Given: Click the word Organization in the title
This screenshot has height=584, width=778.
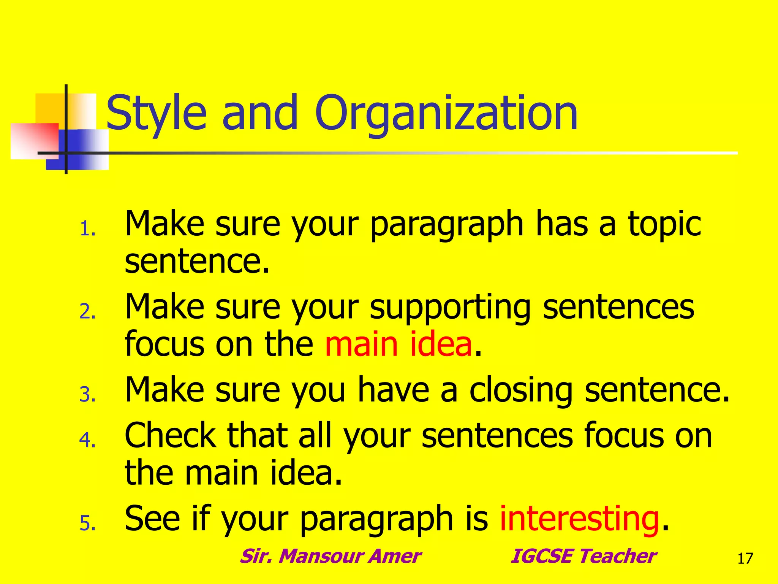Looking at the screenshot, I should [446, 113].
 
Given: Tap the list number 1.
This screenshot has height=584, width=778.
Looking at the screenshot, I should [87, 230].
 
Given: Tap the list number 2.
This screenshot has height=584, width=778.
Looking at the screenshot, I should [87, 312].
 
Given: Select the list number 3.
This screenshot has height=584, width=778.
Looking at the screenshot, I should [87, 395].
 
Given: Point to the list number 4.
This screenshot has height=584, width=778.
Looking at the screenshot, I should [87, 440].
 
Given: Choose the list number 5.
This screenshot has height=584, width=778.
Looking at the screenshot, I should [87, 524].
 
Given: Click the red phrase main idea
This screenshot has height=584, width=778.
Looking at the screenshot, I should [398, 344].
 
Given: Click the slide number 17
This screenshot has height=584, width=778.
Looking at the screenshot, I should [745, 559].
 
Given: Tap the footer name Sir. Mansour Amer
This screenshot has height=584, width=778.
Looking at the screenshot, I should [330, 556].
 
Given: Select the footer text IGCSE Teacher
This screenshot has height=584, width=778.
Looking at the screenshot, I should [583, 556].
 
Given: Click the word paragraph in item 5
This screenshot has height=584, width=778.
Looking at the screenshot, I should [376, 519].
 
